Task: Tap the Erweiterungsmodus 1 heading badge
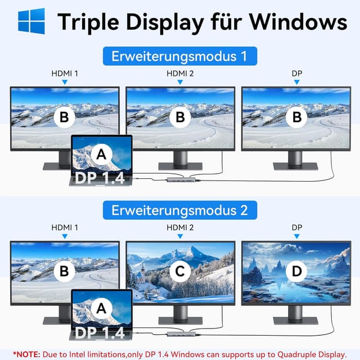pos(180,56)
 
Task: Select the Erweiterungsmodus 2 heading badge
pos(180,210)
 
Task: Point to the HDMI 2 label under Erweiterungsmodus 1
pos(180,73)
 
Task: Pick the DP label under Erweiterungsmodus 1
pos(296,73)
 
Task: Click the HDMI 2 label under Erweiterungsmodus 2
pos(180,227)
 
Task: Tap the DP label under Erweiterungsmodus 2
pos(296,227)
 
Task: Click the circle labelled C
pos(180,272)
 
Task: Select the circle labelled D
pos(296,272)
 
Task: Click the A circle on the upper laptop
pos(101,154)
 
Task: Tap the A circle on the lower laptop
pos(101,308)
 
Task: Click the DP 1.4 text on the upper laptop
pos(101,179)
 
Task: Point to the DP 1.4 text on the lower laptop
pos(101,333)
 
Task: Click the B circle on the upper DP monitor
pos(296,118)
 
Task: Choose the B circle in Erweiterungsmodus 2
pos(64,272)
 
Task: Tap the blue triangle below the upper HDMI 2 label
pos(180,82)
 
